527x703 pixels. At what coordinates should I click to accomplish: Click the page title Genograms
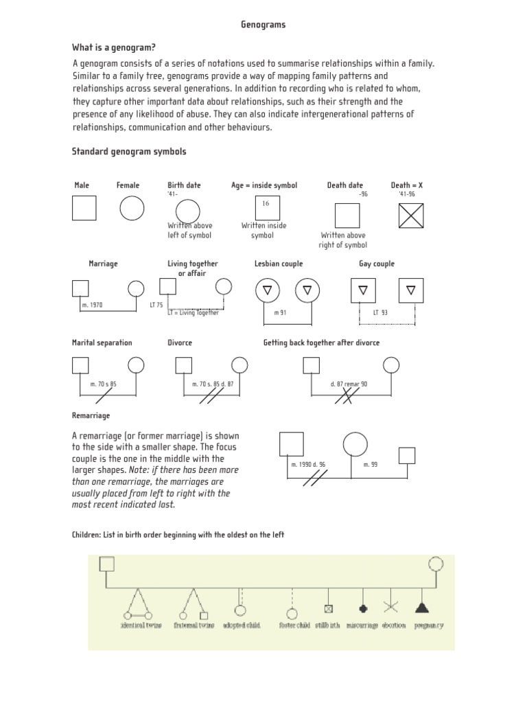pos(263,25)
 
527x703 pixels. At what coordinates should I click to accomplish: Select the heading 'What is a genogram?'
pos(114,47)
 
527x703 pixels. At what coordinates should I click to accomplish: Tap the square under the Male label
pos(84,207)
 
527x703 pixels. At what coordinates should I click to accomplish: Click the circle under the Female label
pos(132,207)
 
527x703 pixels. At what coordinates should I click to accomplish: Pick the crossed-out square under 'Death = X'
pos(411,216)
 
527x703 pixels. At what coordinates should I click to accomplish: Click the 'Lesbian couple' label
pos(278,264)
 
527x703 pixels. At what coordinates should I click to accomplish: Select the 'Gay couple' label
pos(377,264)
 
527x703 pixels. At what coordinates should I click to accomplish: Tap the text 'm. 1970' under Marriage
pos(92,305)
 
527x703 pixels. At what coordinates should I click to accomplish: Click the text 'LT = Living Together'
pos(194,313)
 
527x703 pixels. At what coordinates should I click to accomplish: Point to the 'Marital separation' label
pos(102,343)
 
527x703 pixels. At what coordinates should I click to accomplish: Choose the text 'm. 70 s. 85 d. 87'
pos(213,384)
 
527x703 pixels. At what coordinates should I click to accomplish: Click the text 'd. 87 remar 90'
pos(348,384)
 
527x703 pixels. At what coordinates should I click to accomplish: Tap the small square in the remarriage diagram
pos(407,455)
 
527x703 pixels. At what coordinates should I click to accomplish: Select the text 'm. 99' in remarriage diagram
pos(370,465)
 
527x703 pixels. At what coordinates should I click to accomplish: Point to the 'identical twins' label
pos(141,625)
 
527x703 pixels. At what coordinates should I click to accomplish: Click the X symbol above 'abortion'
pos(391,607)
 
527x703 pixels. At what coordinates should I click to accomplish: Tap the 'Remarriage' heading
pos(91,415)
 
